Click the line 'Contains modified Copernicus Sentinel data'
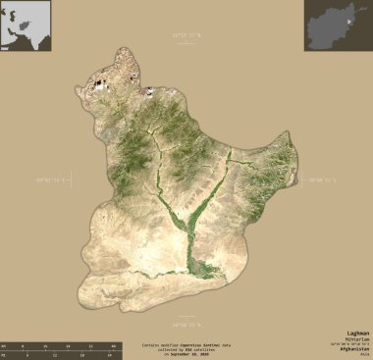(186, 344)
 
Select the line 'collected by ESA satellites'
(186, 349)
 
